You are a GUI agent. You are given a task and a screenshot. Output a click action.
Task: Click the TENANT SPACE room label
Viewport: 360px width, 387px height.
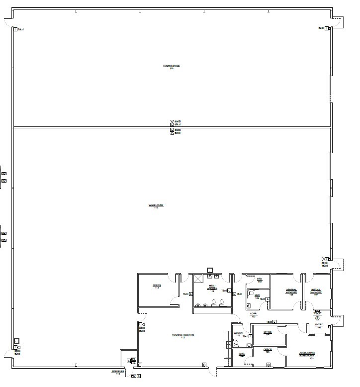[171, 67]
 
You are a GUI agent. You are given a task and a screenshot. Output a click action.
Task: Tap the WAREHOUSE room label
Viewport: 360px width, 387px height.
[156, 206]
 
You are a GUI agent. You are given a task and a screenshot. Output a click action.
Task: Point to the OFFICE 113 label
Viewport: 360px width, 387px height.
[157, 287]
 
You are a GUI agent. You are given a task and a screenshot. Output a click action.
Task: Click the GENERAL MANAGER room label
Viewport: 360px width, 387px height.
[291, 291]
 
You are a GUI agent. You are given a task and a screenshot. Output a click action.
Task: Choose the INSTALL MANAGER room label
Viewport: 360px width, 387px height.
[315, 291]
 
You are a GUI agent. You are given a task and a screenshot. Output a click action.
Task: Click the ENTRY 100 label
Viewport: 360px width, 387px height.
[319, 326]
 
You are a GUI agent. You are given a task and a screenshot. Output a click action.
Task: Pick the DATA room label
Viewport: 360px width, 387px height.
[242, 355]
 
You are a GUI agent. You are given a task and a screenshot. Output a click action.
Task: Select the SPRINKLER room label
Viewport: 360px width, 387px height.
[118, 373]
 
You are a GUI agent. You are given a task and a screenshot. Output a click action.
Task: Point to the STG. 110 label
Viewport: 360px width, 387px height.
[259, 281]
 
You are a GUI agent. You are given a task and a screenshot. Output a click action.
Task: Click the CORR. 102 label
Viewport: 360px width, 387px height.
[253, 315]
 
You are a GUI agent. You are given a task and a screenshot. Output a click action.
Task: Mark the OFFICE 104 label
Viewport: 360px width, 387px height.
[267, 333]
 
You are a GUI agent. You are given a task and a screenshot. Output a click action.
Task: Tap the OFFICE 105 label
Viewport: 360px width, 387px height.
[267, 350]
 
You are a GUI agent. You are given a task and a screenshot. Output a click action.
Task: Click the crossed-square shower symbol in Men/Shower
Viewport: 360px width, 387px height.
[198, 279]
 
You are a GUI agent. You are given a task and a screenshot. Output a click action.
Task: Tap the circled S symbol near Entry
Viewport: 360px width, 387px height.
[317, 318]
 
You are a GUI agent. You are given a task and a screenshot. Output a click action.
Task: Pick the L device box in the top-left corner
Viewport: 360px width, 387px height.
[15, 29]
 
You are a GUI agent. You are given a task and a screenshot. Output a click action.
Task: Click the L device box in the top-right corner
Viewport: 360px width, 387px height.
[327, 28]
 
